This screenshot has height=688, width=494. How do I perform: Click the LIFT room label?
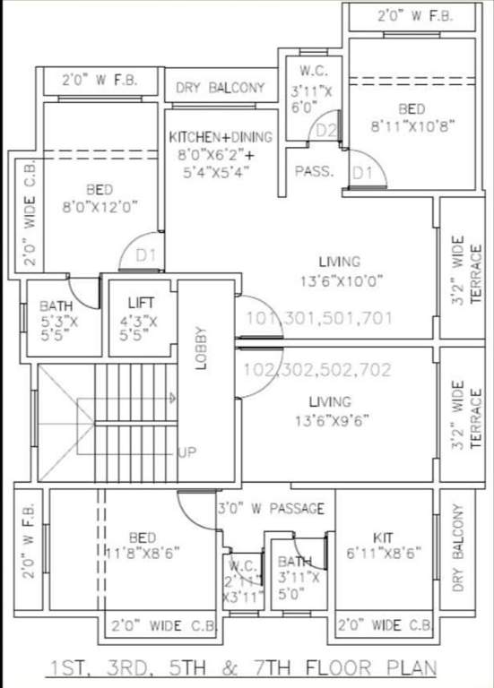tap(142, 304)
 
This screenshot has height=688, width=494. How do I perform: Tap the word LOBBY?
tap(202, 346)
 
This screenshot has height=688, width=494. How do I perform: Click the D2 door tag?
tap(326, 132)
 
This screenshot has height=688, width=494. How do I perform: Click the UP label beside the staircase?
tap(186, 452)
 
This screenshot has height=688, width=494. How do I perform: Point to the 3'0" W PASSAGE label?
tap(271, 509)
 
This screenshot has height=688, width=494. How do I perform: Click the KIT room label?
tap(383, 537)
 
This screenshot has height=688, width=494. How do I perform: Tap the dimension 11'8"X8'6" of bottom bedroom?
tap(144, 553)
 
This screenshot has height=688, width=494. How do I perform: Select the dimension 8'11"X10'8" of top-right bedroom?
tap(412, 127)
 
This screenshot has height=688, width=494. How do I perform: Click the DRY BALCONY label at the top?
tap(221, 88)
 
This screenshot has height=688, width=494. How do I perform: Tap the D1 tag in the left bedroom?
tap(146, 255)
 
